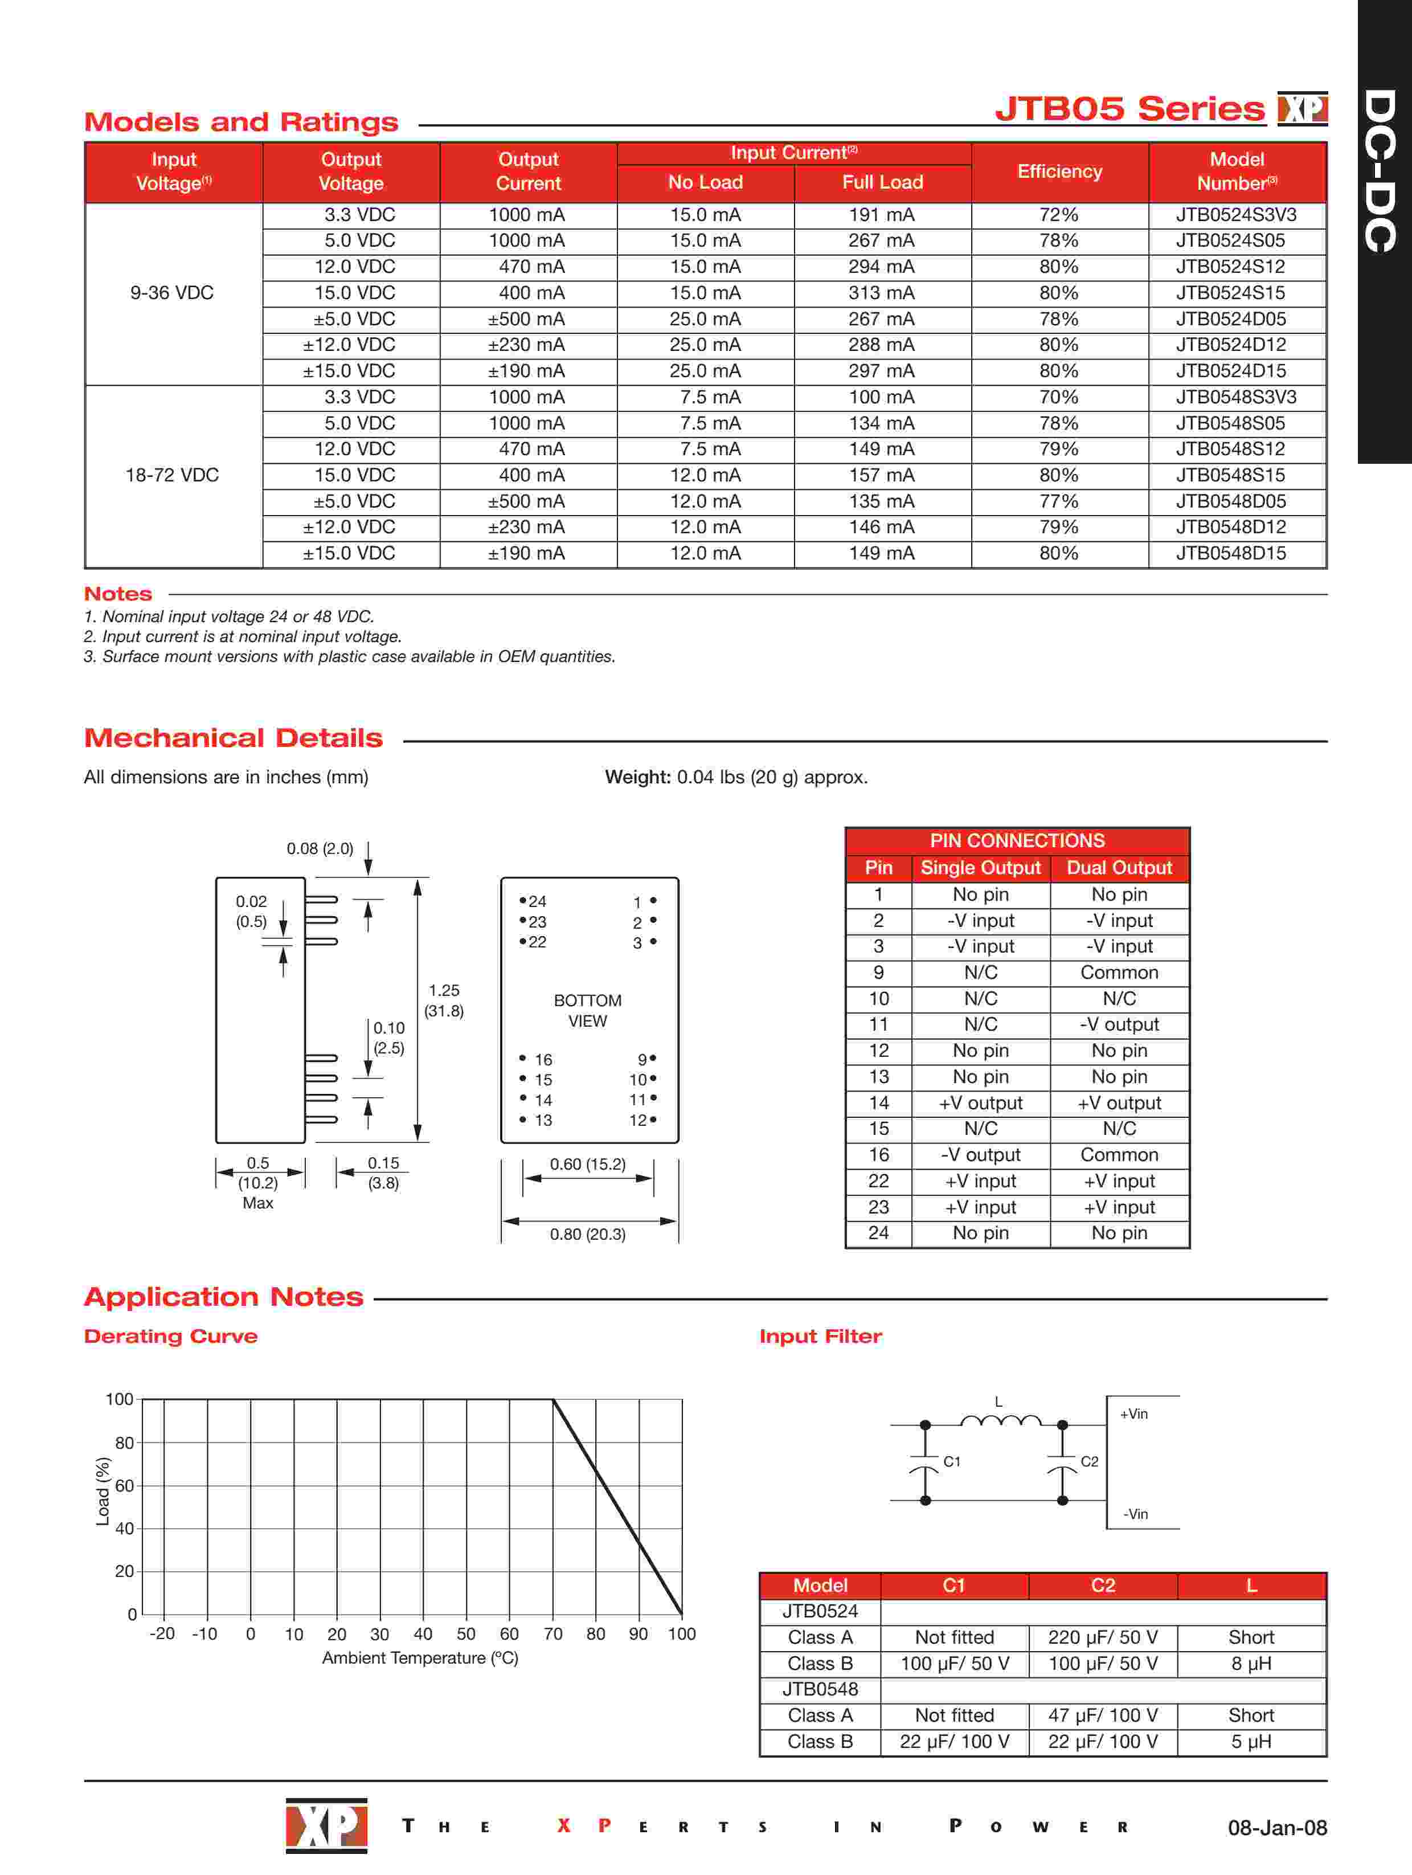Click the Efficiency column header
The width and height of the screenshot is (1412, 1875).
pyautogui.click(x=1059, y=172)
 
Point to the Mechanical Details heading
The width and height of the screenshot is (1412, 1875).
pyautogui.click(x=233, y=738)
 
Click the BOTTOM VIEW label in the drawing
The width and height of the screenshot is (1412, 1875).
pyautogui.click(x=587, y=1010)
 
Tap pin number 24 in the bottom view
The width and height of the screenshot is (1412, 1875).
pyautogui.click(x=537, y=902)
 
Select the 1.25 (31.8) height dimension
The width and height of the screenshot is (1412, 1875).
pyautogui.click(x=443, y=1000)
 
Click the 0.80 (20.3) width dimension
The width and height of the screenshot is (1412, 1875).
pyautogui.click(x=587, y=1234)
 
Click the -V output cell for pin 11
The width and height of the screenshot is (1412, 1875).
pyautogui.click(x=1119, y=1025)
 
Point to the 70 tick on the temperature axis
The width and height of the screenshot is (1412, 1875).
pyautogui.click(x=552, y=1634)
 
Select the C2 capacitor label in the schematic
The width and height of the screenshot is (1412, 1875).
pyautogui.click(x=1089, y=1462)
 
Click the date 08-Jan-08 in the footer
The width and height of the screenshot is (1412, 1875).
pyautogui.click(x=1277, y=1828)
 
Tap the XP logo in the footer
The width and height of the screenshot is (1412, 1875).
pyautogui.click(x=326, y=1825)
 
